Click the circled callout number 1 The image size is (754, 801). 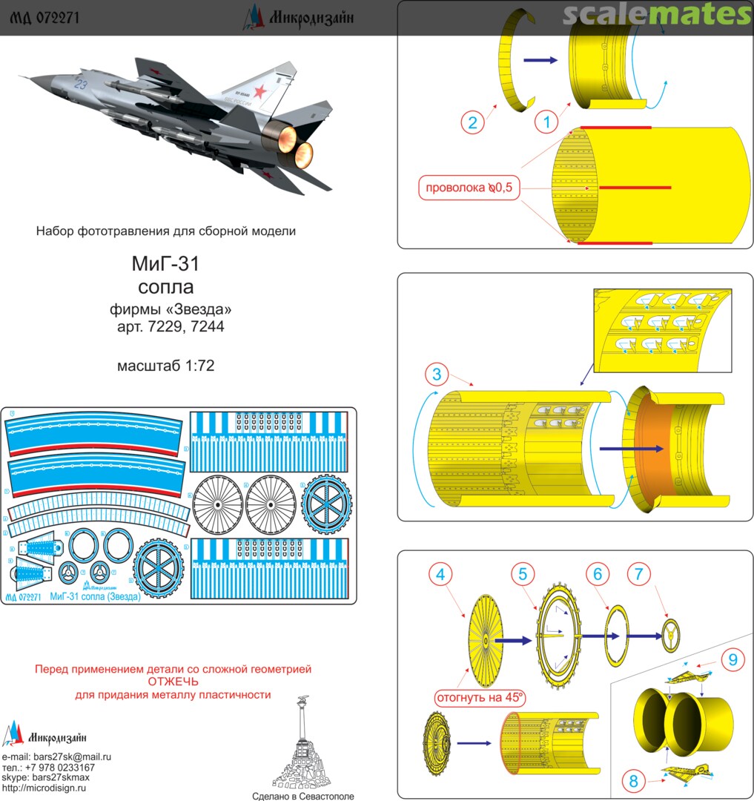point(546,122)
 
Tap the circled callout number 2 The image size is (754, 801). point(472,122)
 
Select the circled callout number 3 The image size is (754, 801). point(437,373)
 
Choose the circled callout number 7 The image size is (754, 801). point(640,574)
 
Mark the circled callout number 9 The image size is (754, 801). point(732,658)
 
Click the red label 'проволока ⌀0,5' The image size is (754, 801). point(469,188)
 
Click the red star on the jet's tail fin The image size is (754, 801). point(260,92)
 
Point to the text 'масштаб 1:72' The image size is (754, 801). point(165,366)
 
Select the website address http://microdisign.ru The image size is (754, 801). point(44,788)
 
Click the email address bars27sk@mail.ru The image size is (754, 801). point(72,756)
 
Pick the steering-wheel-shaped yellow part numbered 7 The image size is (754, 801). point(672,636)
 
